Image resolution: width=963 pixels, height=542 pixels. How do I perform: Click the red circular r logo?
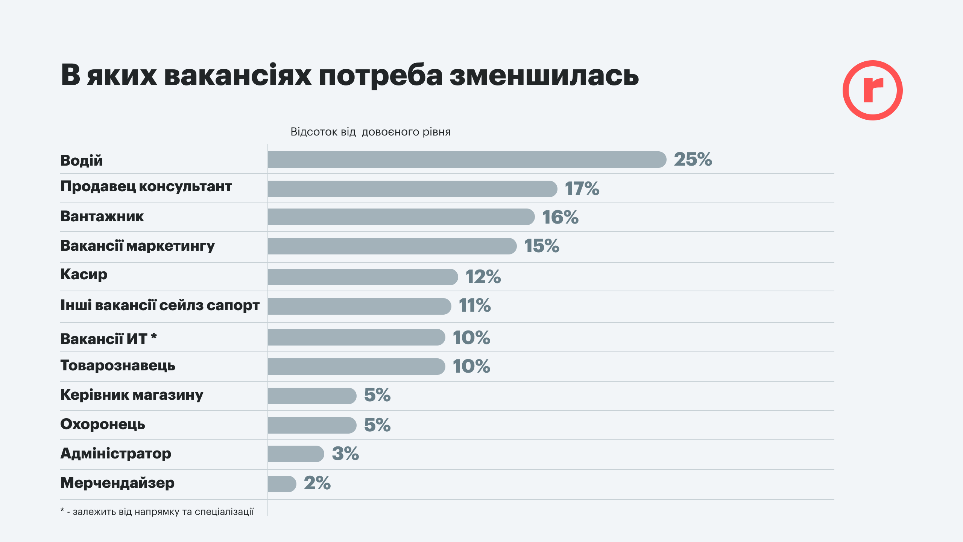click(x=872, y=90)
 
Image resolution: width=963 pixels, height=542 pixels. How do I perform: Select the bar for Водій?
click(x=466, y=160)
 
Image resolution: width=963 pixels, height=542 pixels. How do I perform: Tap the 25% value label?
click(x=693, y=159)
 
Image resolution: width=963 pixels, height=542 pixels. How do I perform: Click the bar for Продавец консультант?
click(x=412, y=189)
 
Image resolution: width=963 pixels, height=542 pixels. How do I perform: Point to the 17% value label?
click(x=582, y=189)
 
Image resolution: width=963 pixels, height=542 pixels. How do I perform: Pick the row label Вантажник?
click(x=102, y=216)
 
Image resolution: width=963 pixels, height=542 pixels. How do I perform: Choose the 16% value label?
click(x=560, y=217)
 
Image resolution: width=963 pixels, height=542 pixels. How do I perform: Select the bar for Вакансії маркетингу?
click(x=392, y=246)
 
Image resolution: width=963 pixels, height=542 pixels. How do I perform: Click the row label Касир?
click(x=84, y=274)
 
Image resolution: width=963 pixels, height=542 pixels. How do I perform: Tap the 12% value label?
click(x=483, y=277)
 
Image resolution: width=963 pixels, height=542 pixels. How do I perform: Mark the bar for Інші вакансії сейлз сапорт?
click(x=359, y=306)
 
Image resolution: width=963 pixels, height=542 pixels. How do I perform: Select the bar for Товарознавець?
click(x=356, y=366)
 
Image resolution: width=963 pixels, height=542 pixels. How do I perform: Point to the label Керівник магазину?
click(x=132, y=395)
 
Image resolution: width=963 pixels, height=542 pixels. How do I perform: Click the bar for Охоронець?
click(x=311, y=425)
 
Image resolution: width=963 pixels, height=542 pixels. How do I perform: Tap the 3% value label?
click(x=345, y=454)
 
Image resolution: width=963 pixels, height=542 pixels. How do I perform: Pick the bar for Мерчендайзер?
click(x=282, y=484)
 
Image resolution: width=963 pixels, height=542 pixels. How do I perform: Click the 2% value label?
click(x=317, y=483)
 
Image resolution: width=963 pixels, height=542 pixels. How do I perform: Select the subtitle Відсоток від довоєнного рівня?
click(x=370, y=132)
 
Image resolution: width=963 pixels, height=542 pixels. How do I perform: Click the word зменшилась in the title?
click(x=544, y=75)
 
